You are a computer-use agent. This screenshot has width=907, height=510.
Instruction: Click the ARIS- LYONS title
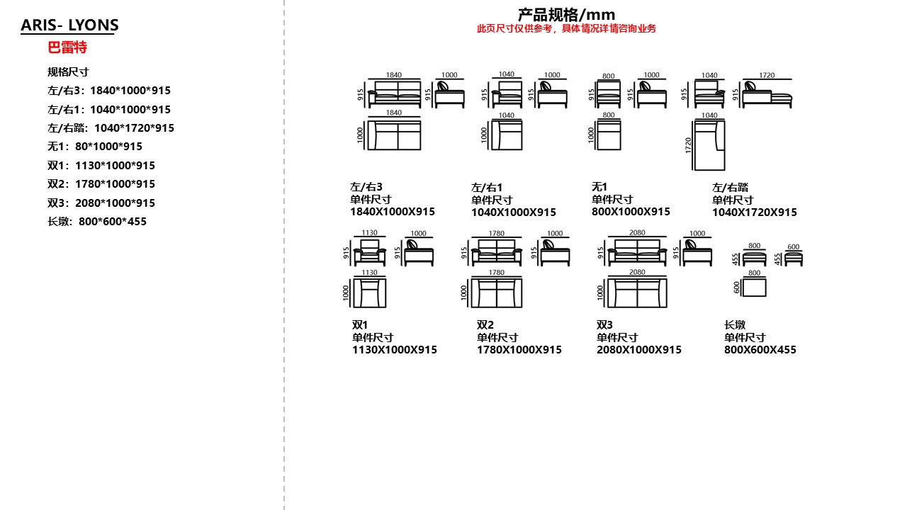pyautogui.click(x=69, y=25)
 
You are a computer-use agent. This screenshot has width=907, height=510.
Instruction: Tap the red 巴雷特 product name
pyautogui.click(x=67, y=48)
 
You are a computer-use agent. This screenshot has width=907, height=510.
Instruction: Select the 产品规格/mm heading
pyautogui.click(x=566, y=14)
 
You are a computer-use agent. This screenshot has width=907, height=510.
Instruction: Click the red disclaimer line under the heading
pyautogui.click(x=566, y=29)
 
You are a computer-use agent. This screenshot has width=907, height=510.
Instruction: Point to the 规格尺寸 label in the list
pyautogui.click(x=68, y=72)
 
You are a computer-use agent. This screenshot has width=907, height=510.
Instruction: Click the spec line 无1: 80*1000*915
pyautogui.click(x=95, y=147)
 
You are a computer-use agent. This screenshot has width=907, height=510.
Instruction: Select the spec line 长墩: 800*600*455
pyautogui.click(x=97, y=222)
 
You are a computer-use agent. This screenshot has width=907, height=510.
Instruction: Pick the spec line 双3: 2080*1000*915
pyautogui.click(x=101, y=203)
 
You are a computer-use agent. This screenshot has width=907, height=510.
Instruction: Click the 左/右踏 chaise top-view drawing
pyautogui.click(x=709, y=145)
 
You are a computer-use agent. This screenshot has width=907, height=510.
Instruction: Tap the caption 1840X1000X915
pyautogui.click(x=393, y=212)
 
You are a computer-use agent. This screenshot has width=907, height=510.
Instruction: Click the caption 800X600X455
pyautogui.click(x=760, y=350)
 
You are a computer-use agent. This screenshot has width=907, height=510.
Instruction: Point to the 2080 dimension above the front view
pyautogui.click(x=637, y=233)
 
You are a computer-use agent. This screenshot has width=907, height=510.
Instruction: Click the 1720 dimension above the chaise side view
pyautogui.click(x=767, y=75)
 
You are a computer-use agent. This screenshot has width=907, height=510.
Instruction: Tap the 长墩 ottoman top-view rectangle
pyautogui.click(x=755, y=287)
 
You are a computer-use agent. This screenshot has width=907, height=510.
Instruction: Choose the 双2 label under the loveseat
pyautogui.click(x=485, y=325)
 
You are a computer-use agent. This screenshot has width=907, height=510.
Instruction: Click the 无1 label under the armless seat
pyautogui.click(x=599, y=187)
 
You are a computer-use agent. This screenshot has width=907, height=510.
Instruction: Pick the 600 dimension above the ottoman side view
pyautogui.click(x=794, y=247)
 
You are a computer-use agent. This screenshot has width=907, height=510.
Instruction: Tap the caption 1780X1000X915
pyautogui.click(x=519, y=350)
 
